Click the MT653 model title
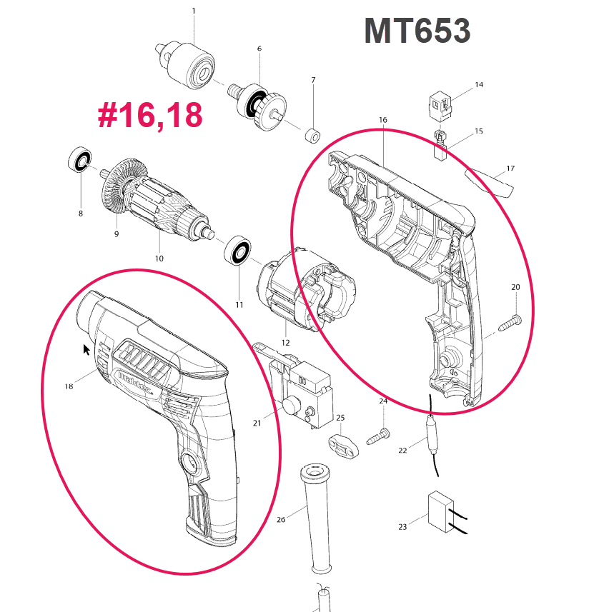click(x=417, y=31)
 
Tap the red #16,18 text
click(x=150, y=116)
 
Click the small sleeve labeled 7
click(x=312, y=135)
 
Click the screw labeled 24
click(x=380, y=435)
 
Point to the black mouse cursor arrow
click(x=86, y=350)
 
